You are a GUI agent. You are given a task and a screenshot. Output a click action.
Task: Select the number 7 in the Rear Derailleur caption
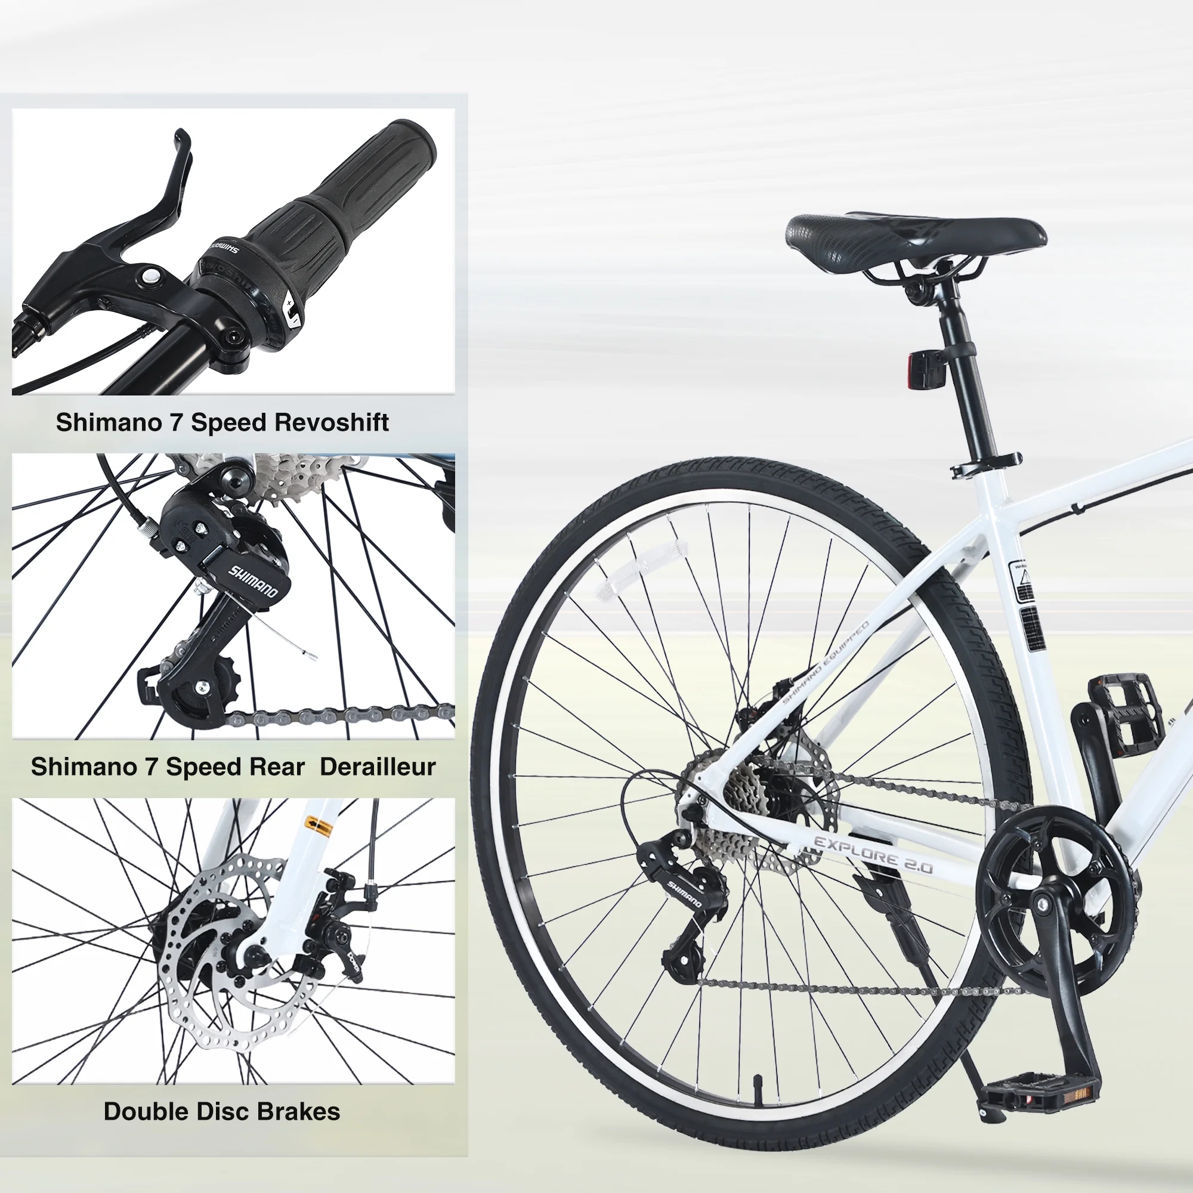click(151, 767)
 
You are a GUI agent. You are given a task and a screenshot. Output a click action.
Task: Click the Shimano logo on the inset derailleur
click(253, 580)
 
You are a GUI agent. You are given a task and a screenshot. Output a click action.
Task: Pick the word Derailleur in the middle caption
click(378, 767)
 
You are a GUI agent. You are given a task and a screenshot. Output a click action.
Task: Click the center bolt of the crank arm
click(1043, 905)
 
